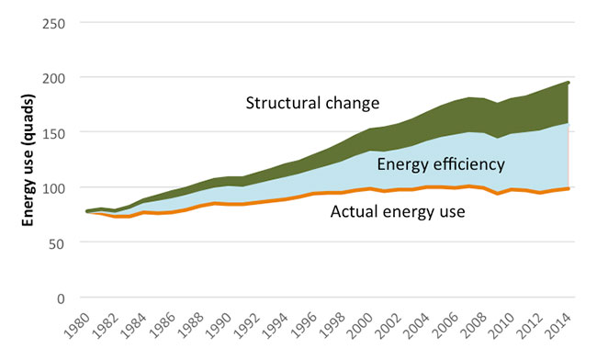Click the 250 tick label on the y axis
point(53,24)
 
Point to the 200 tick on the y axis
point(53,79)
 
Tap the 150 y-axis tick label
point(53,134)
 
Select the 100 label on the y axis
point(53,189)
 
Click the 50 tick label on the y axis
point(57,244)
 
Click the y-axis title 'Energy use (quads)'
point(28,160)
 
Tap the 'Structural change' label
point(312,103)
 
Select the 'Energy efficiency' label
point(441,164)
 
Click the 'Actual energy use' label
point(398,211)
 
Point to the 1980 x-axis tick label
point(78,326)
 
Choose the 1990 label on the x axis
point(219,326)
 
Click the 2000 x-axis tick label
point(360,326)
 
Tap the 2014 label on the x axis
point(558,326)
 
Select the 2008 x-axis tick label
point(473,326)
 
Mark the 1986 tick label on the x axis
point(163,326)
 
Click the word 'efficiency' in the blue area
point(467,164)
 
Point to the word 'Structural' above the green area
point(278,103)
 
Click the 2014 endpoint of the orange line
point(568,188)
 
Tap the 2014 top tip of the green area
point(569,83)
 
